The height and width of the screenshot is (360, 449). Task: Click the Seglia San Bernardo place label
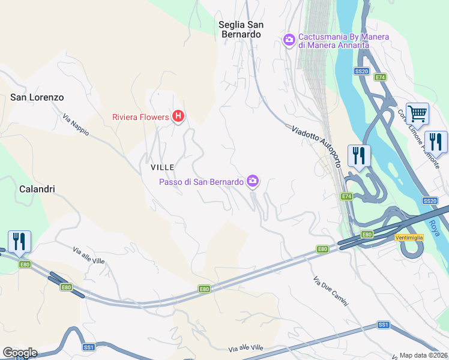coord(240,29)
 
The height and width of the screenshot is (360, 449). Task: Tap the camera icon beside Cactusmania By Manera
coord(289,40)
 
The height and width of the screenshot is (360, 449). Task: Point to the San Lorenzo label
coord(37,97)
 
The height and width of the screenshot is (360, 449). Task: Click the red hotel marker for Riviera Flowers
coord(178,116)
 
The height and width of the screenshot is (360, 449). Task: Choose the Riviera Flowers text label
coord(140,117)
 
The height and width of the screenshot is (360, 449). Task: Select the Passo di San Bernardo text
coord(201,182)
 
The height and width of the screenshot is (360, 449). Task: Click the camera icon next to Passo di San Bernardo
coord(253,181)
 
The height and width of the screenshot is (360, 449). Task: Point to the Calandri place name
coord(37,189)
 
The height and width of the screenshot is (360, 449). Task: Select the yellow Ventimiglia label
coord(409,238)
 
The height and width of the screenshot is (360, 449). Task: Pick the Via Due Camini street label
coord(331,291)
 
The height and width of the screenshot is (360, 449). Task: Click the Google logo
coord(20,353)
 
